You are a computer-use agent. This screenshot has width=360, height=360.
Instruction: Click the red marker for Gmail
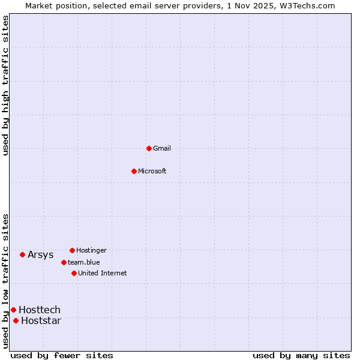point(149,148)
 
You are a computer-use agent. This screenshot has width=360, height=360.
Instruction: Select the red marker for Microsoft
point(134,171)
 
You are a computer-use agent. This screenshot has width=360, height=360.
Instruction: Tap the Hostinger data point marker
point(72,250)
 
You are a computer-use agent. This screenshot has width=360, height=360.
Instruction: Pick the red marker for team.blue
point(64,262)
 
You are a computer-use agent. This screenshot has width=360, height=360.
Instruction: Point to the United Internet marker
point(74,273)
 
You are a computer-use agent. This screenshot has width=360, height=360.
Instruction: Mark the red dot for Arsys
point(22,254)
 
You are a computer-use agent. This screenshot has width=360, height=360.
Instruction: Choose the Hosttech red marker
point(13,310)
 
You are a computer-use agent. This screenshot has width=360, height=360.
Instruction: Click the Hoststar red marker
point(16,320)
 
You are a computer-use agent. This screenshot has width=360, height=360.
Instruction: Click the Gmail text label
point(162,148)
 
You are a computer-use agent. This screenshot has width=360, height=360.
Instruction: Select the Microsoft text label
point(152,171)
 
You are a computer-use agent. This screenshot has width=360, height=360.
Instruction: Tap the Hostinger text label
point(91,250)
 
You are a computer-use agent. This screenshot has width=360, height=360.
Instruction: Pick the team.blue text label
point(84,262)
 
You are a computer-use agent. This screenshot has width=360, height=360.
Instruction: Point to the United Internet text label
point(103,273)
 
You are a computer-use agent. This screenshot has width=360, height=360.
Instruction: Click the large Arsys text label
point(41,254)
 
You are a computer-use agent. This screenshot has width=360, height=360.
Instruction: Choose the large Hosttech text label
point(40,310)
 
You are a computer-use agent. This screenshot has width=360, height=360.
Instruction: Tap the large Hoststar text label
point(41,320)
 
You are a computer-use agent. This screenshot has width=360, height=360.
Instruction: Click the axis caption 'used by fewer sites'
point(62,355)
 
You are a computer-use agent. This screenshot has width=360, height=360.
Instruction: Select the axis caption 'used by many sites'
point(301,355)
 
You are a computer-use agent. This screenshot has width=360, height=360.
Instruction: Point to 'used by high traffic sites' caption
point(6,85)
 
